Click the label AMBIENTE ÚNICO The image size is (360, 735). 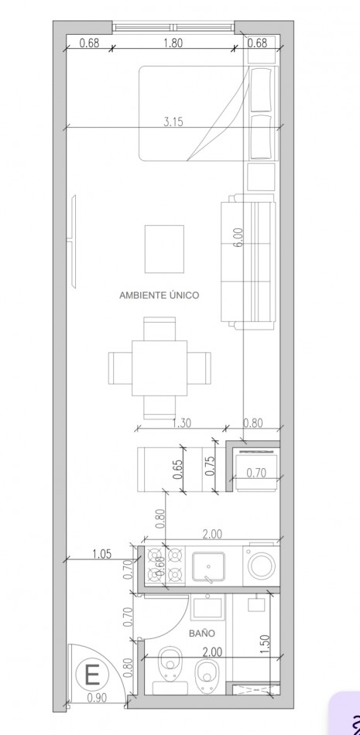pos(159,295)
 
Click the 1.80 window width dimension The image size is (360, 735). pos(173,43)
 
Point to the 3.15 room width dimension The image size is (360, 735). pos(173,121)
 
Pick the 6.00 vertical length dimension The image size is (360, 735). pos(238,236)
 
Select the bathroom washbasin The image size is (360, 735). pos(208,606)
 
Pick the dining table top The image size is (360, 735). pos(159,363)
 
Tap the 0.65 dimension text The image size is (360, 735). pos(178,470)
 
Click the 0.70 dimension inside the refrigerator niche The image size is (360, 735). pos(256,473)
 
